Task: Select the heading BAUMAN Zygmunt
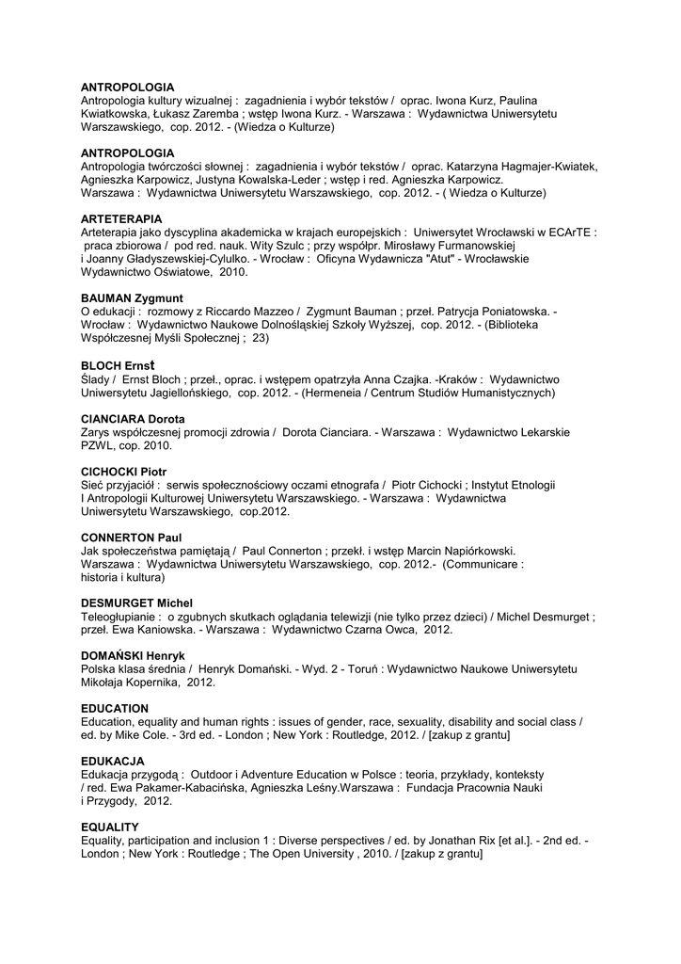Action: click(x=132, y=298)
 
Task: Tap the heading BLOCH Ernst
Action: click(x=118, y=363)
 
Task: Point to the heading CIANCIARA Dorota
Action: click(x=133, y=418)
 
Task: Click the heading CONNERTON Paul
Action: click(x=131, y=537)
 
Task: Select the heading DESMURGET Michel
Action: click(x=136, y=602)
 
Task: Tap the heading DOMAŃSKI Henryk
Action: click(x=133, y=654)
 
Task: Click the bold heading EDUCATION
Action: click(x=115, y=707)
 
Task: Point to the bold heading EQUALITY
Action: click(x=110, y=826)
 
